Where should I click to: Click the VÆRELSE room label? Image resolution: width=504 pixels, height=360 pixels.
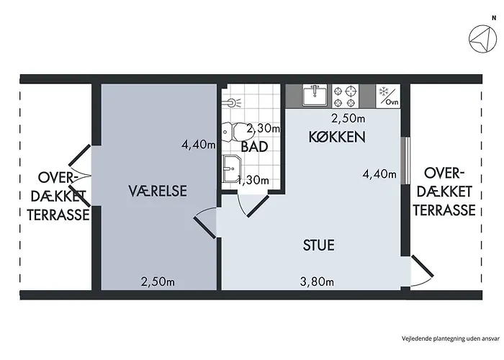pos(158,191)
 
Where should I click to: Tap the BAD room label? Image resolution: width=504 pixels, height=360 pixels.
pos(254,147)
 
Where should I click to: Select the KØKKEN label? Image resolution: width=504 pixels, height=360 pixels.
pos(337,137)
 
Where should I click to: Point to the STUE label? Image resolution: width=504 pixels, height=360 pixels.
pos(318,245)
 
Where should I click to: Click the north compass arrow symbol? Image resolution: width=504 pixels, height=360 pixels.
pos(482,39)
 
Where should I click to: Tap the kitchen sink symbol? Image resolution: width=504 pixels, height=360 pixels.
pos(315,95)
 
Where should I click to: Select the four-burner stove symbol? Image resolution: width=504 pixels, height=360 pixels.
pos(345,96)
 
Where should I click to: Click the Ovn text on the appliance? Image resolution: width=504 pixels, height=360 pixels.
pos(392,102)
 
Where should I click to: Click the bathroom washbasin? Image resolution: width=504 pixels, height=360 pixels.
pos(231,168)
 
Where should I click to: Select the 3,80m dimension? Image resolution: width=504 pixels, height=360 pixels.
pos(317,282)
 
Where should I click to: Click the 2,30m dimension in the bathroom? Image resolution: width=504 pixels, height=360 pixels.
pos(264,129)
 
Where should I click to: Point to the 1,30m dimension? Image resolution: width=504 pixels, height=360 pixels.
pos(253,180)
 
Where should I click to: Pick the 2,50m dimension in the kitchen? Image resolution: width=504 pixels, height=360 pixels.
pos(348,119)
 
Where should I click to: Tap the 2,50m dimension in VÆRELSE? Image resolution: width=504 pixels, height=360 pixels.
pos(158,282)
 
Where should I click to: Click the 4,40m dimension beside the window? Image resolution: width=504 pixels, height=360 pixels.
pos(379,174)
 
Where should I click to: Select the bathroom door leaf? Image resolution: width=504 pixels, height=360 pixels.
pos(258,206)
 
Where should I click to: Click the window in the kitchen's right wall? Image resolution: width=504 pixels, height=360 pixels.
pos(407,161)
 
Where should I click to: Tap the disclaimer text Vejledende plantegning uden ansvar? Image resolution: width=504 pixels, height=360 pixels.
pos(450,338)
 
